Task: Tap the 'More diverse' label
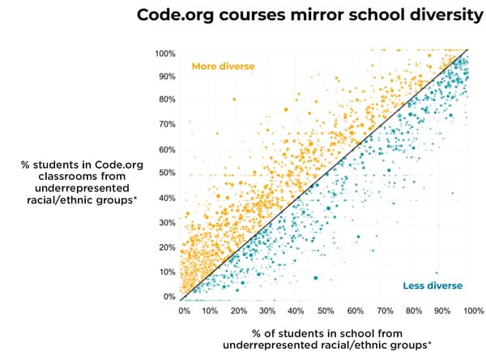pyautogui.click(x=223, y=66)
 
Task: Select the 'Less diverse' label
pyautogui.click(x=433, y=285)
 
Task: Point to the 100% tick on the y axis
pyautogui.click(x=165, y=54)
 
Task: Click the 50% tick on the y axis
pyautogui.click(x=167, y=174)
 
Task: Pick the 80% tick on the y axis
pyautogui.click(x=167, y=100)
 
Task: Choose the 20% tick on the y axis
pyautogui.click(x=167, y=247)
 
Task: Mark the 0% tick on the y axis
pyautogui.click(x=169, y=297)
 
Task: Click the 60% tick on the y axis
pyautogui.click(x=167, y=149)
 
